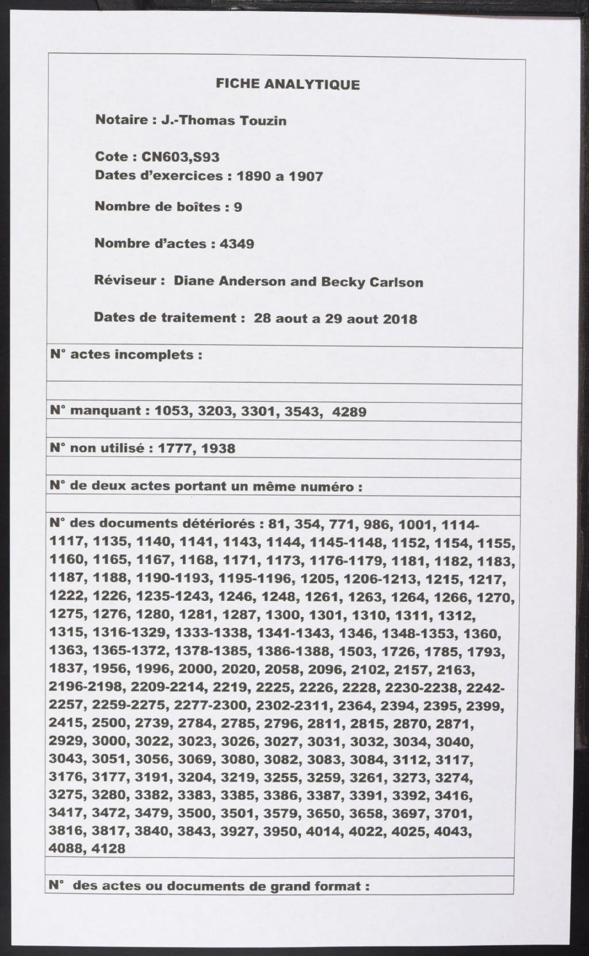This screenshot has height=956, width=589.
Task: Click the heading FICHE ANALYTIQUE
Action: pos(288,85)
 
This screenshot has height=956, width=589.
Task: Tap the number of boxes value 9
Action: pos(238,207)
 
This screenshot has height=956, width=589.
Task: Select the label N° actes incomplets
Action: pos(126,355)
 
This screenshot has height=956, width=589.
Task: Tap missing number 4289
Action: pos(349,412)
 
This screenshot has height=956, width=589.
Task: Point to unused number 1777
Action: pos(169,448)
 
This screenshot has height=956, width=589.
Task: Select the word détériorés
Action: pos(218,524)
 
